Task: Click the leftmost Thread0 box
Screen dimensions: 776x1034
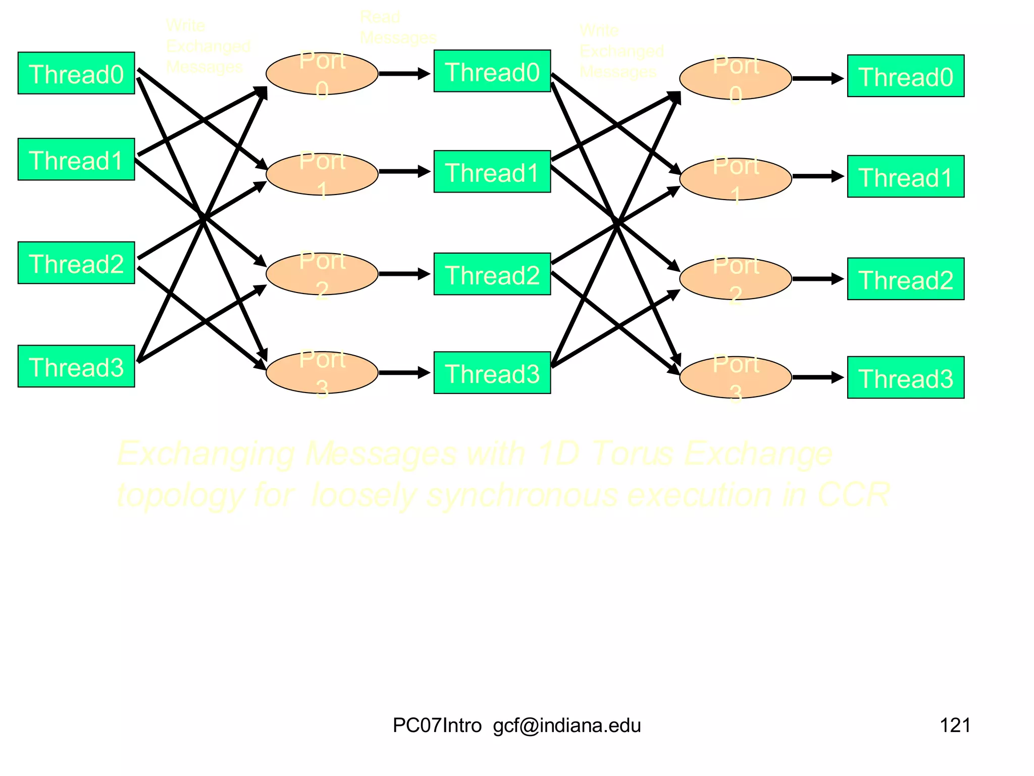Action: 76,73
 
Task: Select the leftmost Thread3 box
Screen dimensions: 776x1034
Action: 76,366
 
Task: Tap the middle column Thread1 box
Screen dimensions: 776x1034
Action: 492,172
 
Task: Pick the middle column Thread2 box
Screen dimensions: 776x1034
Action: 492,274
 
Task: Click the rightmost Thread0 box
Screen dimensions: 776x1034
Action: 906,76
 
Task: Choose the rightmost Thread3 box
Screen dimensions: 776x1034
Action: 906,378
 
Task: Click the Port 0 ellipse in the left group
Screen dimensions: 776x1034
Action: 322,74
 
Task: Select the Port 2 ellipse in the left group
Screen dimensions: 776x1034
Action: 322,274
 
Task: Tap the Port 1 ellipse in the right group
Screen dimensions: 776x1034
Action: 736,179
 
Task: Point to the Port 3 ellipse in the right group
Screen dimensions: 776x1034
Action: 736,377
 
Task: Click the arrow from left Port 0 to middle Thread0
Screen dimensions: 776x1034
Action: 404,74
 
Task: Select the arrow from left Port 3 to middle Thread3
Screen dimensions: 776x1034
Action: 404,373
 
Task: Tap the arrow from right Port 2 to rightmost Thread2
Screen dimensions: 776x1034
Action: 818,279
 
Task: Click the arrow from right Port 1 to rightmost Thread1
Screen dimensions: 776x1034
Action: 818,176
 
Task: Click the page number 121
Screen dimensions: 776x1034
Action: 955,725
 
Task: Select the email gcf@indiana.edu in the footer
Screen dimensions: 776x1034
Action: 567,725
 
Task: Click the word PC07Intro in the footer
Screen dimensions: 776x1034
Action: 437,725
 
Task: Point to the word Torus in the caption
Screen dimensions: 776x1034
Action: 632,453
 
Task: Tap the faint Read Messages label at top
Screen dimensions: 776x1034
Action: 397,28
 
